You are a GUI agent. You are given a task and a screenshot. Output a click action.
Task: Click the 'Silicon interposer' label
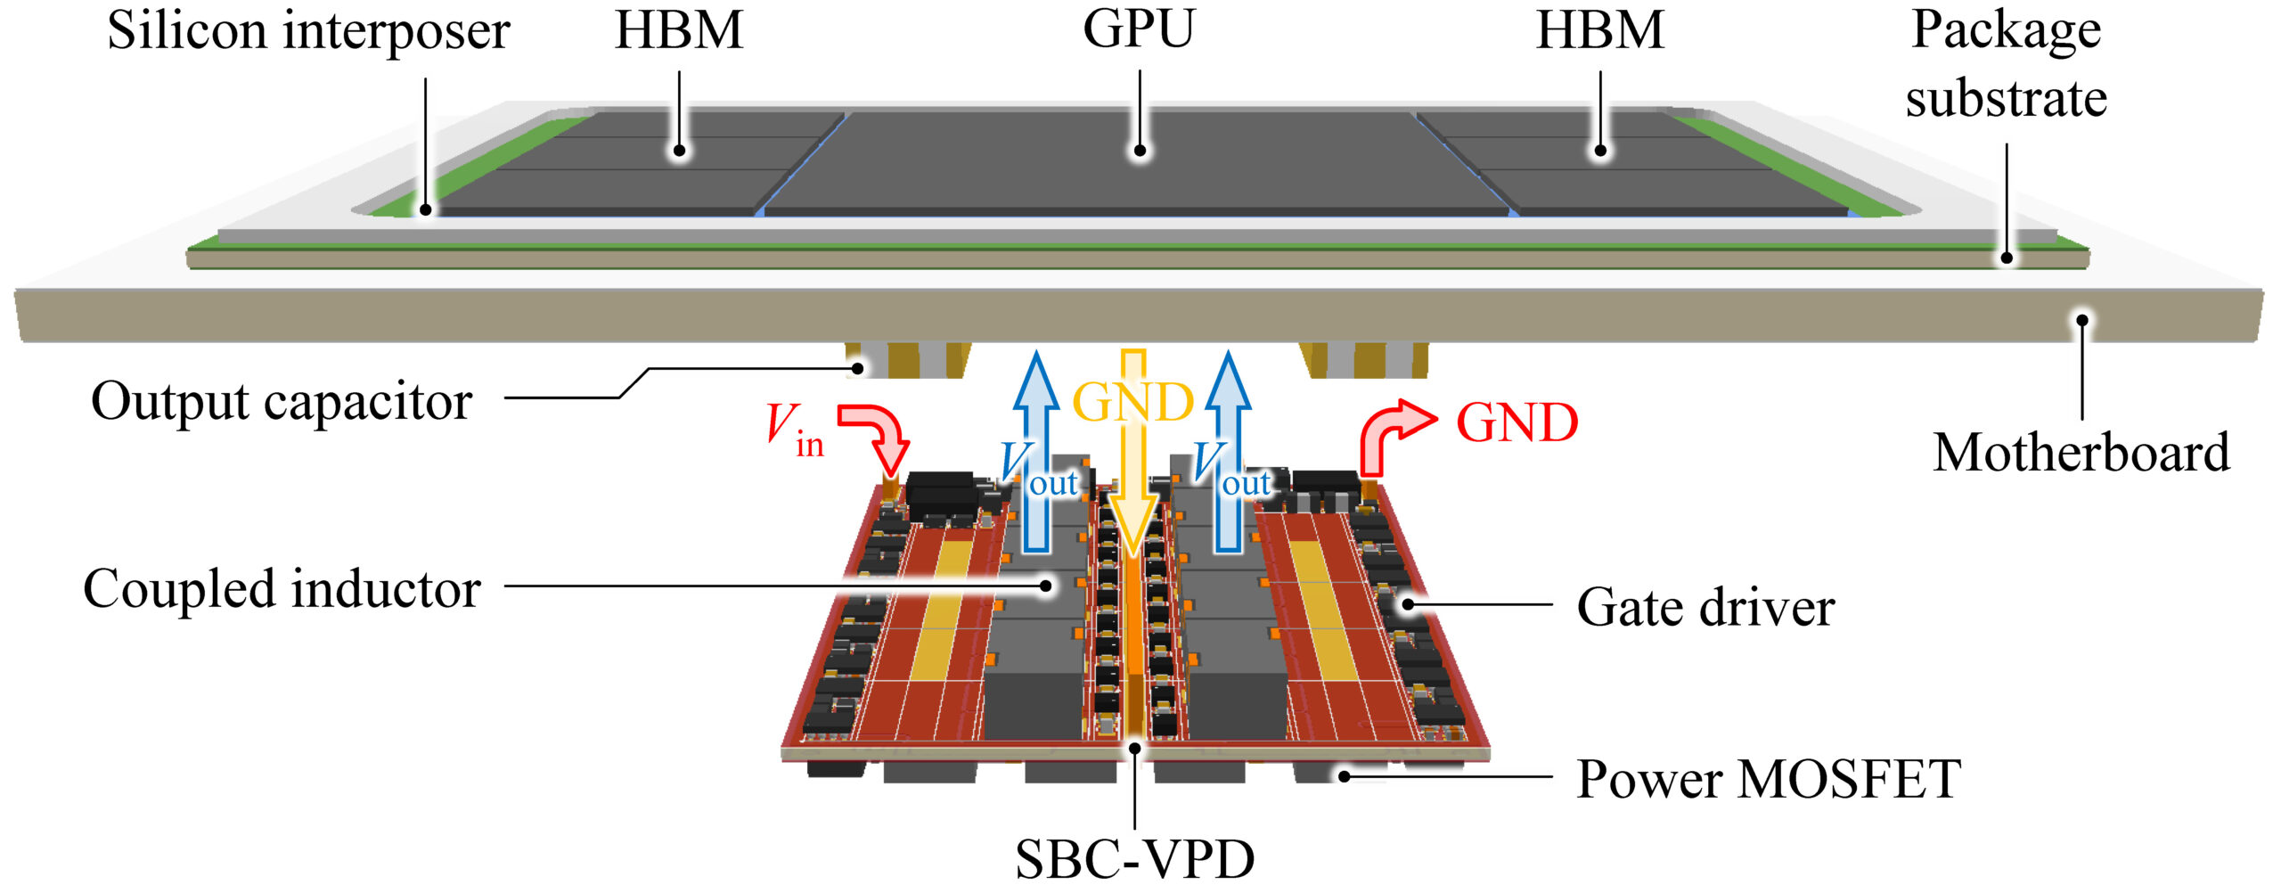[308, 32]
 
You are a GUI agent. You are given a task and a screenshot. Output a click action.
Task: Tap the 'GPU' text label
[1138, 29]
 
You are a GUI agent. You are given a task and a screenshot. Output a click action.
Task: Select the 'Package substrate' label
[2006, 64]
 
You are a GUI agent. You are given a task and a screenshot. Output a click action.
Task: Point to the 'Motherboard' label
[2081, 453]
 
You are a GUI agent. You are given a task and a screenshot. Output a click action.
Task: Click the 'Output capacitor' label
[282, 402]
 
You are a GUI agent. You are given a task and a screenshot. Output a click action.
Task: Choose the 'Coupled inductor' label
[282, 589]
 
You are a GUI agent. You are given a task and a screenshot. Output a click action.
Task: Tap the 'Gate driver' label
[1705, 608]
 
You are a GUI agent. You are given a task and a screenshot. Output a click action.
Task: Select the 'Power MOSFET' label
[1769, 779]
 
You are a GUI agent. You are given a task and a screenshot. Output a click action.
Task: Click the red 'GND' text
[1517, 422]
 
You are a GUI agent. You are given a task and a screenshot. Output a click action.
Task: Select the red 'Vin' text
[795, 430]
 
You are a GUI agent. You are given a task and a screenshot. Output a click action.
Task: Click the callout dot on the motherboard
[2082, 320]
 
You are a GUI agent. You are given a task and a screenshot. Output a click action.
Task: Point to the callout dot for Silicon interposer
[426, 210]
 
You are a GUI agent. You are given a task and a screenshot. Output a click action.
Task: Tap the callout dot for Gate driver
[1408, 604]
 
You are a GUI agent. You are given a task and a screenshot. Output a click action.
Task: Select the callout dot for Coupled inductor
[1049, 586]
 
